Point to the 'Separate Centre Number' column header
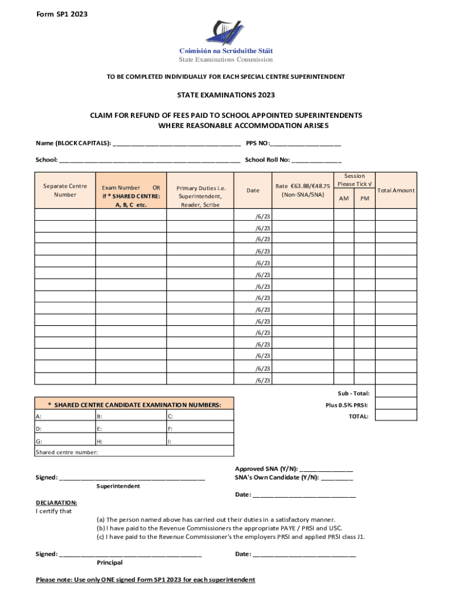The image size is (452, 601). pyautogui.click(x=65, y=190)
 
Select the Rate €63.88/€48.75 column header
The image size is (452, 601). pyautogui.click(x=302, y=190)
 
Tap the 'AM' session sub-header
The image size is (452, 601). pyautogui.click(x=344, y=198)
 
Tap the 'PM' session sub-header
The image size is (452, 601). pyautogui.click(x=365, y=198)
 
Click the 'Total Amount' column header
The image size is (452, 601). pyautogui.click(x=396, y=190)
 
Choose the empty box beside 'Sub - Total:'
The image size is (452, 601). pyautogui.click(x=396, y=393)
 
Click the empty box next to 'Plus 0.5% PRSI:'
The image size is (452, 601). pyautogui.click(x=396, y=405)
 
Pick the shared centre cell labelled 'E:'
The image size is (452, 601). pyautogui.click(x=130, y=428)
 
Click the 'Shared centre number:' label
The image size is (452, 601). pyautogui.click(x=67, y=452)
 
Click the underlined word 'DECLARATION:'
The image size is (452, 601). pyautogui.click(x=56, y=502)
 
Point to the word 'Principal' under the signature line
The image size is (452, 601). pyautogui.click(x=110, y=563)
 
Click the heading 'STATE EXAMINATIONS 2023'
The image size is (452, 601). pyautogui.click(x=225, y=95)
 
